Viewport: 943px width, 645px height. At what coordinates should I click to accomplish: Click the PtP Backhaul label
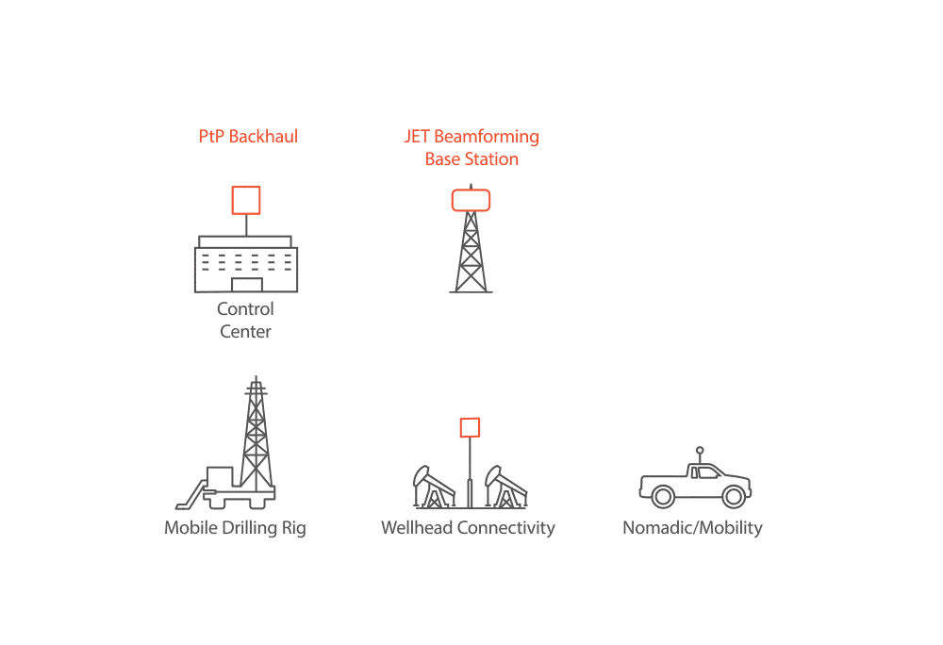click(248, 137)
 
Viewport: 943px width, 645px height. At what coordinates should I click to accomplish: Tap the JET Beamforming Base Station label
click(471, 148)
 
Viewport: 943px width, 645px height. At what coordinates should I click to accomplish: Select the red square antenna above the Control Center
click(246, 200)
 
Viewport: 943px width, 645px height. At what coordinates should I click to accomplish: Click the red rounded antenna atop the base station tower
click(471, 200)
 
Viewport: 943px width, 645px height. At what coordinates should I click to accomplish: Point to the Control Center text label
click(246, 321)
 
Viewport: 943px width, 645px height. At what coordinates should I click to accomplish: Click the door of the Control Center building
click(247, 285)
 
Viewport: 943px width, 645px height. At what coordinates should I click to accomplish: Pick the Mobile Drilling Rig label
click(235, 528)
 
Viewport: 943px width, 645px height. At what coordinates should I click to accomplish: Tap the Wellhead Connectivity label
click(468, 528)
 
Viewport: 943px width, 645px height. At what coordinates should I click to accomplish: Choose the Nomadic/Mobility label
click(692, 528)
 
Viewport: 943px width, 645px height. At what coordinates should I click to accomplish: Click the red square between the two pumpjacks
click(470, 427)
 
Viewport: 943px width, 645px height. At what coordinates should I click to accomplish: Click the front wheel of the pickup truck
click(735, 496)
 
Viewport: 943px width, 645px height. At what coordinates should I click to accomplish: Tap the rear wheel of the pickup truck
click(663, 496)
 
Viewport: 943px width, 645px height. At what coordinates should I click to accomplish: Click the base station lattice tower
click(471, 253)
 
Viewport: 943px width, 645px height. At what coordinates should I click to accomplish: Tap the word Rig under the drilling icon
click(293, 528)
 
